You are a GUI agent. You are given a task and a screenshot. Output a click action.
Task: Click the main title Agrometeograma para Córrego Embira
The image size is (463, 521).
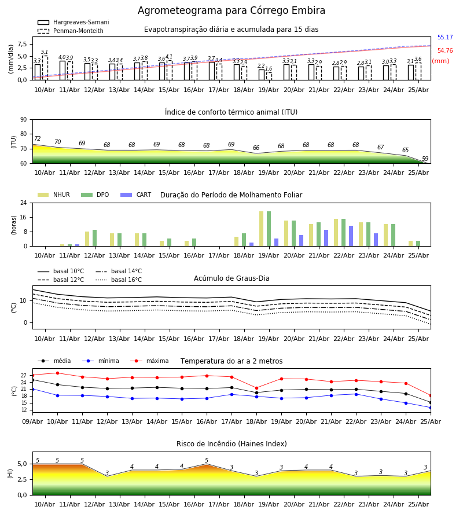(x=231, y=10)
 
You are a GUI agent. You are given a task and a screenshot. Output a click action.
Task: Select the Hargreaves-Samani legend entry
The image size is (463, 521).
(x=74, y=22)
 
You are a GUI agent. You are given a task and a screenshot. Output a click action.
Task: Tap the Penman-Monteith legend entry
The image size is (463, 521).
(x=71, y=31)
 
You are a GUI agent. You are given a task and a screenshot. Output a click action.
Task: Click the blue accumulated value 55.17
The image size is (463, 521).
(x=445, y=37)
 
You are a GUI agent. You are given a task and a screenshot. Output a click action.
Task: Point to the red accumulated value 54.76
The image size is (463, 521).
(x=445, y=50)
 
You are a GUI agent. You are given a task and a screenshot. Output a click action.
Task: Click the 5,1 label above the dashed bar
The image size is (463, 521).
(x=45, y=52)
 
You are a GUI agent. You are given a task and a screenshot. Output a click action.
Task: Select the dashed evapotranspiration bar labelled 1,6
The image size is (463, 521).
(x=269, y=76)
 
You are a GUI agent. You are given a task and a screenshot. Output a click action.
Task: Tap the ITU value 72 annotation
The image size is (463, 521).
(x=37, y=138)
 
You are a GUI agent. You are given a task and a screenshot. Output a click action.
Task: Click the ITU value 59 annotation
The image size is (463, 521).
(x=425, y=159)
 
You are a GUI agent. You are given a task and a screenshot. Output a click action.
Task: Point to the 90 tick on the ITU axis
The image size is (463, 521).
(x=24, y=120)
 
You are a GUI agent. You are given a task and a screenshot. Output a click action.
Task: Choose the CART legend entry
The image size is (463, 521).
(x=136, y=195)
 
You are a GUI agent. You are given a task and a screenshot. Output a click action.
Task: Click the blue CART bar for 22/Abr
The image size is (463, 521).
(x=351, y=236)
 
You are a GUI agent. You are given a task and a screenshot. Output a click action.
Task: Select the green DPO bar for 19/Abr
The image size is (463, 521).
(x=269, y=229)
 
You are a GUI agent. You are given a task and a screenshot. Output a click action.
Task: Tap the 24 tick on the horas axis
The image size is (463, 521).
(x=24, y=203)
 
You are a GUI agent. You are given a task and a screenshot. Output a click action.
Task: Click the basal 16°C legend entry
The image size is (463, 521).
(x=119, y=280)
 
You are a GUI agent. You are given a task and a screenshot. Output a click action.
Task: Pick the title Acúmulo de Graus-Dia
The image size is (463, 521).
(x=231, y=278)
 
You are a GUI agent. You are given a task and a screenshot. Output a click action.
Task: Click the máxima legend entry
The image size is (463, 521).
(x=150, y=361)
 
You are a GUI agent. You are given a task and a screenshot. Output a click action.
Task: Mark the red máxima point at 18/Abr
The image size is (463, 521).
(x=256, y=388)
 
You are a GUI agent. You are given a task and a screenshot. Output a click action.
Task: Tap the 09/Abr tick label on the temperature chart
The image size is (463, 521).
(x=32, y=421)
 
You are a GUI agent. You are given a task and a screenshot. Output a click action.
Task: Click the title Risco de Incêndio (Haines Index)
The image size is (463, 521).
(x=231, y=444)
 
